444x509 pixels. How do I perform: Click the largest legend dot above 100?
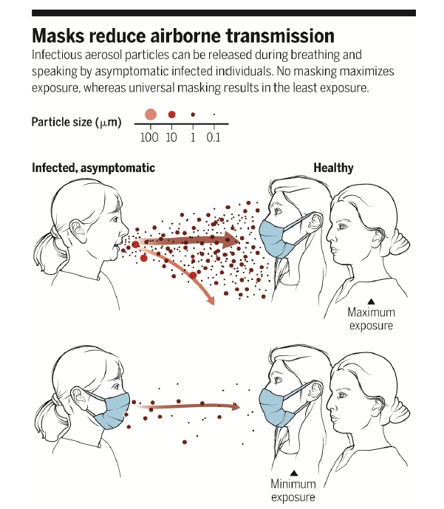tap(151, 115)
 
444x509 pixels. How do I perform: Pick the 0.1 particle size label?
tap(214, 137)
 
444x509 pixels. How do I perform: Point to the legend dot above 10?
tap(172, 115)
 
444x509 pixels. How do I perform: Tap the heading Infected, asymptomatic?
tap(93, 168)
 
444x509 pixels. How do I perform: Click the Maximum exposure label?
tap(371, 318)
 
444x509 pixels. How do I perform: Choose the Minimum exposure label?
tap(293, 491)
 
